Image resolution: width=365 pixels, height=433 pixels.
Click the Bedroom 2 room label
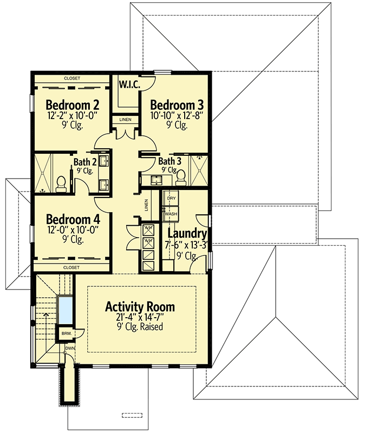pyautogui.click(x=72, y=105)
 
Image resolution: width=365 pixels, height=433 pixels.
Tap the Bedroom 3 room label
pyautogui.click(x=177, y=105)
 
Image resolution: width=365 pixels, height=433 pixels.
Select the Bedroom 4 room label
pyautogui.click(x=73, y=219)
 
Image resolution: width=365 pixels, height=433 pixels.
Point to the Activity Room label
pyautogui.click(x=140, y=307)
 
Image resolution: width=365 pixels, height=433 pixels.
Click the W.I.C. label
pyautogui.click(x=129, y=84)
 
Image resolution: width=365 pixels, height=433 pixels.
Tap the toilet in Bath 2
pyautogui.click(x=61, y=184)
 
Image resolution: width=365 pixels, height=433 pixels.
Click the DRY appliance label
pyautogui.click(x=171, y=198)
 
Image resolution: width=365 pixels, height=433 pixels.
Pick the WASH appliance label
pyautogui.click(x=171, y=214)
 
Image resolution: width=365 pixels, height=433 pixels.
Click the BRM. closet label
pyautogui.click(x=67, y=333)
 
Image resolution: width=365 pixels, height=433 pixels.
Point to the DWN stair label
pyautogui.click(x=70, y=348)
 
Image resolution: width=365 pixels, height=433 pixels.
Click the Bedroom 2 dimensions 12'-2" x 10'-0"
pyautogui.click(x=73, y=115)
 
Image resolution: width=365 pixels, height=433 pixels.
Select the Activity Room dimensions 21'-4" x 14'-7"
pyautogui.click(x=140, y=317)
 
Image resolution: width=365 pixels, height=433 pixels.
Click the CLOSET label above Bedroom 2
pyautogui.click(x=72, y=78)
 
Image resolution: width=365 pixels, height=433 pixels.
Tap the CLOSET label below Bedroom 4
pyautogui.click(x=71, y=267)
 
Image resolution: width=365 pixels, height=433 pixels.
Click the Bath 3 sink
pyautogui.click(x=157, y=180)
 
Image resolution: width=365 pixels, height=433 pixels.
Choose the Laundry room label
pyautogui.click(x=187, y=234)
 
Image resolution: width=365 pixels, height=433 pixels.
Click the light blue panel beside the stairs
pyautogui.click(x=65, y=310)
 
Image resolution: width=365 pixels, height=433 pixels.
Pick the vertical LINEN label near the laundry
pyautogui.click(x=146, y=205)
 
